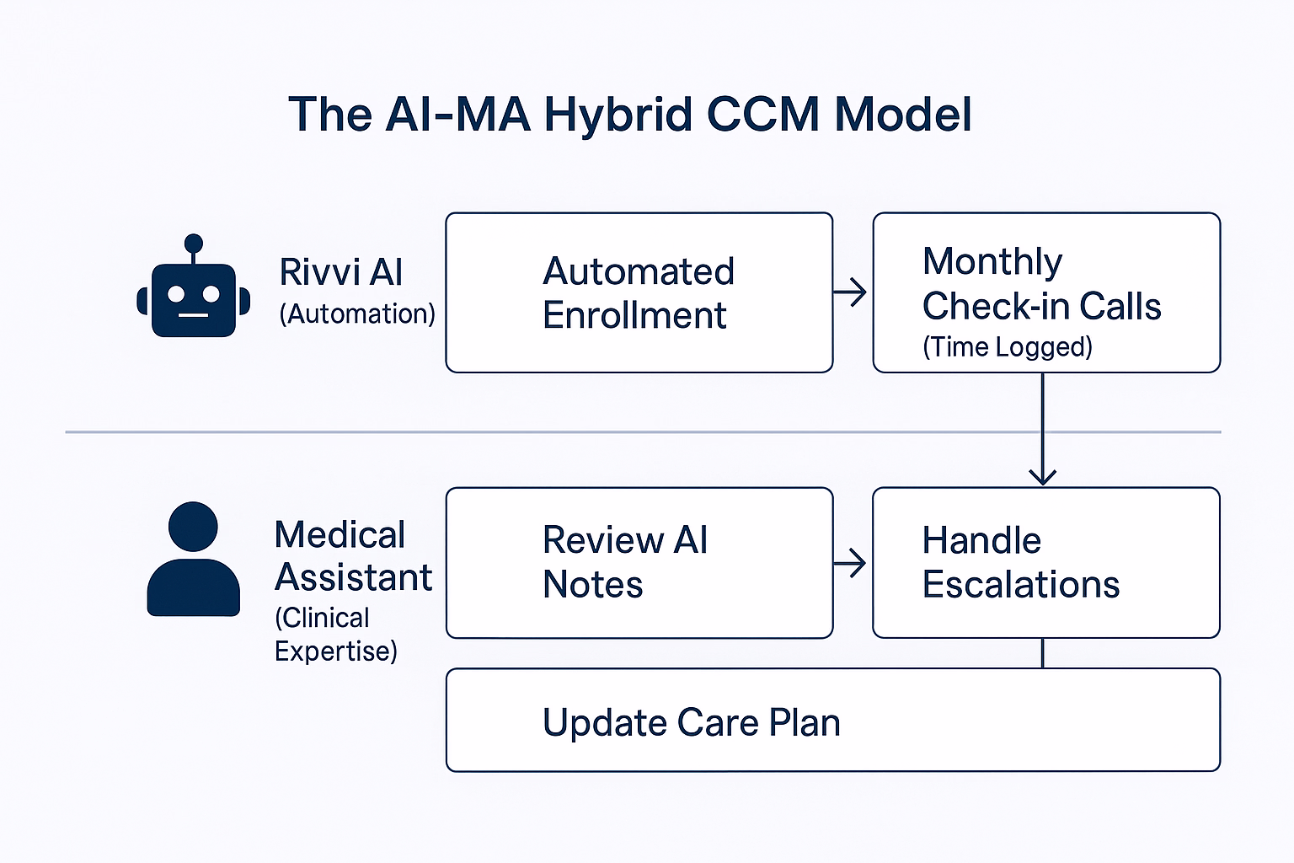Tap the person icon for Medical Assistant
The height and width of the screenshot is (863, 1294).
[x=193, y=560]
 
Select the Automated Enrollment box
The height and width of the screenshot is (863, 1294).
[x=639, y=292]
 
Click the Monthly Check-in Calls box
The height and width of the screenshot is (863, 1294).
[x=1046, y=292]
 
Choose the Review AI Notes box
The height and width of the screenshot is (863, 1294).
[x=639, y=562]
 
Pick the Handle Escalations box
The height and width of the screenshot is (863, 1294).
[x=1046, y=562]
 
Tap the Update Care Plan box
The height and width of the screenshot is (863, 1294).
[x=832, y=720]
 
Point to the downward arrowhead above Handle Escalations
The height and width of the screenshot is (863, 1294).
[x=1043, y=476]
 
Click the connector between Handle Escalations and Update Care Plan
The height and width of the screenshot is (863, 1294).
[x=1043, y=653]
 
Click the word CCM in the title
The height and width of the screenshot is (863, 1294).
[x=762, y=115]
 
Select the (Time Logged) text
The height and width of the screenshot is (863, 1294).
[x=1008, y=346]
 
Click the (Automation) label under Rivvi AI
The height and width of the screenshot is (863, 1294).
[x=357, y=314]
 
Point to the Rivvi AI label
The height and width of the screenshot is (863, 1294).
[x=341, y=272]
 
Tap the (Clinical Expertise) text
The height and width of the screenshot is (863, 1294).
[x=335, y=635]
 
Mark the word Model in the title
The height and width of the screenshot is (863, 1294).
[x=903, y=115]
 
